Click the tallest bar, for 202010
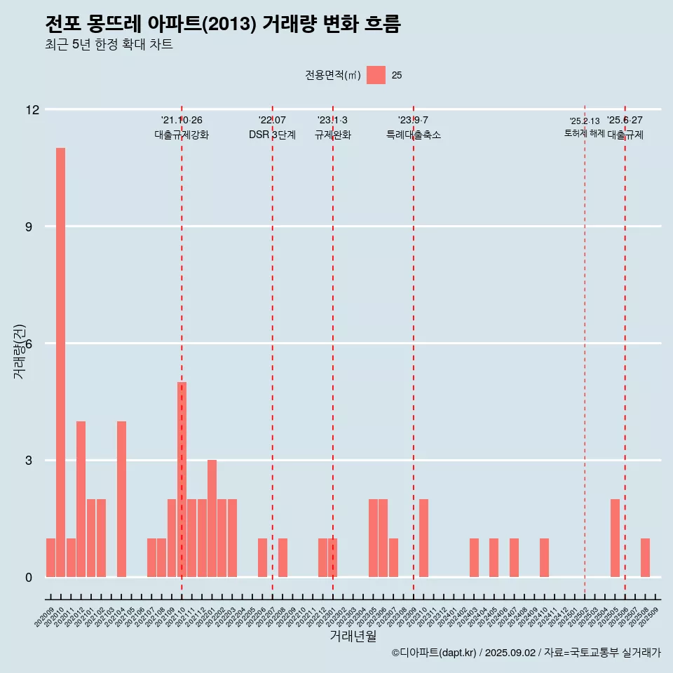click(60, 362)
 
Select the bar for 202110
click(182, 480)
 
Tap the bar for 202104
click(121, 499)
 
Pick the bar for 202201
click(212, 519)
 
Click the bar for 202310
click(423, 538)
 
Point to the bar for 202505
click(615, 538)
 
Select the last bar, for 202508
click(645, 558)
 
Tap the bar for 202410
click(544, 558)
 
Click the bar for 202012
click(81, 499)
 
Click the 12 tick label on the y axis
click(32, 110)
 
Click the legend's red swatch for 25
click(376, 75)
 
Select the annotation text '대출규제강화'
click(182, 135)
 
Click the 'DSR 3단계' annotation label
click(272, 135)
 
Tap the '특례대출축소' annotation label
click(414, 135)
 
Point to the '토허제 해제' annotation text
click(584, 133)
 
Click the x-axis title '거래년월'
click(353, 636)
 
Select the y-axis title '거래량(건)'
click(19, 351)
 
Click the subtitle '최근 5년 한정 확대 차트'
click(109, 45)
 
